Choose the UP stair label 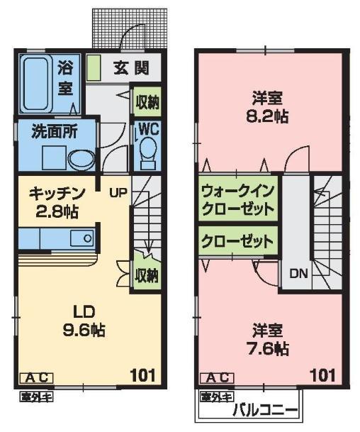click(117, 191)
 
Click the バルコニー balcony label click(258, 410)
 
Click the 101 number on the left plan click(143, 373)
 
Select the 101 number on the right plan click(322, 373)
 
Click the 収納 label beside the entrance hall click(147, 102)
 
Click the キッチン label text click(57, 193)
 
